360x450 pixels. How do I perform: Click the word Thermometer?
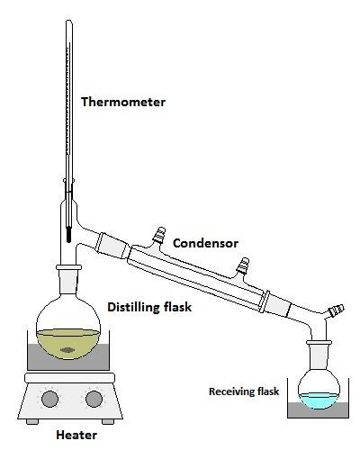click(123, 102)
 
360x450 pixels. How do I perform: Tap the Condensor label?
click(205, 243)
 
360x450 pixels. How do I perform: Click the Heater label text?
click(76, 435)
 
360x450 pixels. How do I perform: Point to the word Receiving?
click(229, 391)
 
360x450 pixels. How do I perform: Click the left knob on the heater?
click(49, 399)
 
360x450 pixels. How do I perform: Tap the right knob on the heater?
click(94, 399)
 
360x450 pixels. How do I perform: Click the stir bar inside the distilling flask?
click(68, 350)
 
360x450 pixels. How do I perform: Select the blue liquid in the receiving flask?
click(319, 400)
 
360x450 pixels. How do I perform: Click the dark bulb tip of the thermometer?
click(68, 236)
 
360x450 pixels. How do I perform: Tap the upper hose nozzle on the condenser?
click(159, 234)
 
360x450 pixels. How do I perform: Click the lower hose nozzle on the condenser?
click(243, 265)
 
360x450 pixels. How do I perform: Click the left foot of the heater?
click(32, 422)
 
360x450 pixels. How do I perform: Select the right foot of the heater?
click(108, 422)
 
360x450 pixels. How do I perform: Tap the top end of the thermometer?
click(69, 21)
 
